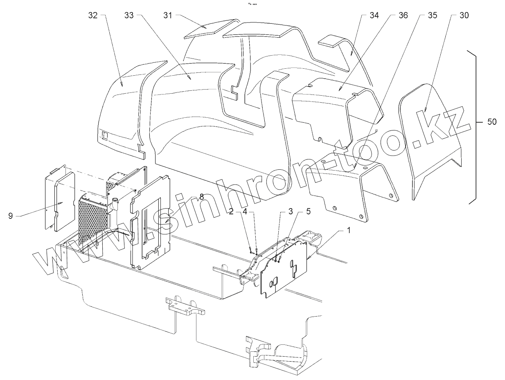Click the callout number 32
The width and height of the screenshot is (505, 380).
pyautogui.click(x=93, y=16)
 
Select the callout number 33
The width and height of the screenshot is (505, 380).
pyautogui.click(x=129, y=16)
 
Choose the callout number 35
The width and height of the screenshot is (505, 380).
pyautogui.click(x=432, y=16)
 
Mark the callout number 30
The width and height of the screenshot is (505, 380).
pyautogui.click(x=464, y=16)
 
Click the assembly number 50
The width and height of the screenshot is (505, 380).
pyautogui.click(x=491, y=122)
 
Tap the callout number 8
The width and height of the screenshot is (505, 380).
pyautogui.click(x=201, y=196)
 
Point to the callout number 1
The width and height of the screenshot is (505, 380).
pyautogui.click(x=349, y=231)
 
